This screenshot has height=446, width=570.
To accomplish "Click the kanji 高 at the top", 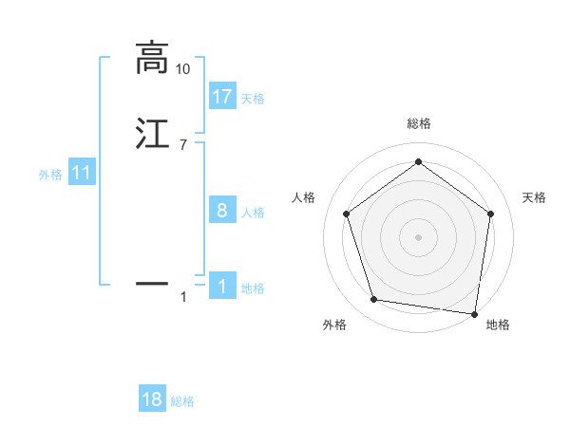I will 151,58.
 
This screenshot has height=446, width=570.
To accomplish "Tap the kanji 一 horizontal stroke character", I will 151,283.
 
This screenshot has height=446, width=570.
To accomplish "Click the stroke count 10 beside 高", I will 183,69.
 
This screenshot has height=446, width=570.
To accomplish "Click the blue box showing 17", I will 222,96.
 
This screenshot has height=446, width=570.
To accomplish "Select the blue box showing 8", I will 222,210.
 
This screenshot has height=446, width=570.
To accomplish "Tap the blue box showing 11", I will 82,173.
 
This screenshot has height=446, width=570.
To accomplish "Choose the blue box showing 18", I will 152,400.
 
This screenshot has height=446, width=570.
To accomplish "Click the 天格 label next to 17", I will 253,99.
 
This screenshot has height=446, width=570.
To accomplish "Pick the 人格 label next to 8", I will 253,213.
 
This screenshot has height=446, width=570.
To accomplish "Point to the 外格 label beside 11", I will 50,176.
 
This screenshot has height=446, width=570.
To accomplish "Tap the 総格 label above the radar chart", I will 419,123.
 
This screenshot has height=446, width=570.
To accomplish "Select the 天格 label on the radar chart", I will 535,197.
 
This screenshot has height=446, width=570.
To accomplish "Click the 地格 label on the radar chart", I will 498,325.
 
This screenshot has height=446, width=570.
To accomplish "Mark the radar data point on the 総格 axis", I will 419,162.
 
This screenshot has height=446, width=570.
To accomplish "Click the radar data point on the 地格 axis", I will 475,312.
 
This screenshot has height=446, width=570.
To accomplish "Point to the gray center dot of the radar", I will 419,236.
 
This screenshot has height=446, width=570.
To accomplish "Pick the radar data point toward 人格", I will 347,214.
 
